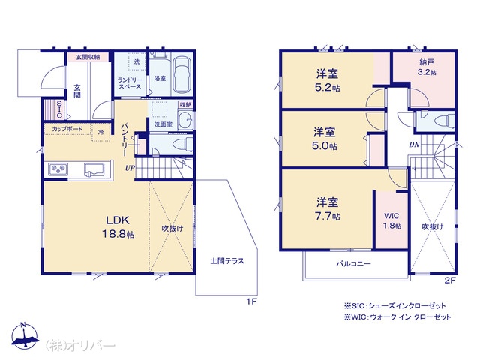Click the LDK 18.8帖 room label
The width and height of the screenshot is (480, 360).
[x=118, y=226]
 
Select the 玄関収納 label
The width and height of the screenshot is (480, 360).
[x=88, y=57]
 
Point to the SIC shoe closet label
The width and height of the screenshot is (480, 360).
[x=59, y=109]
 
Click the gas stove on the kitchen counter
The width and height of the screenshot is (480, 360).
[x=58, y=169]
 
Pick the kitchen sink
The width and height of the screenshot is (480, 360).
[x=94, y=169]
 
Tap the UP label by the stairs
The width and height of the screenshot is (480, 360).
[x=130, y=168]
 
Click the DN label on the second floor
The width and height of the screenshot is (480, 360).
[x=414, y=145]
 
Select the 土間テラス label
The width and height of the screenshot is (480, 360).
[x=227, y=261]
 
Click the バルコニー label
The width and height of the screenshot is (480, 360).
[x=353, y=263]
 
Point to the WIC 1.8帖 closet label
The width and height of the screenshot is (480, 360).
[x=391, y=220]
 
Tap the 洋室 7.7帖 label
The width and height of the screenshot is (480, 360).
[x=328, y=209]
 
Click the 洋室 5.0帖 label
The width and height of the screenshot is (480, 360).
[x=325, y=139]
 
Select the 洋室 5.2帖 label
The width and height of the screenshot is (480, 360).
[x=328, y=80]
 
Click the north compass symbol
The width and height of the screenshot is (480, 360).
[x=25, y=335]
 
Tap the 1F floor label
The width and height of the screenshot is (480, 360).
[x=252, y=301]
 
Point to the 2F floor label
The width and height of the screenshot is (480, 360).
[x=450, y=280]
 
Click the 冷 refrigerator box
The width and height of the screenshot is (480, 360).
[x=101, y=132]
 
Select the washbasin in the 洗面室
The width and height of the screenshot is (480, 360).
[x=184, y=119]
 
